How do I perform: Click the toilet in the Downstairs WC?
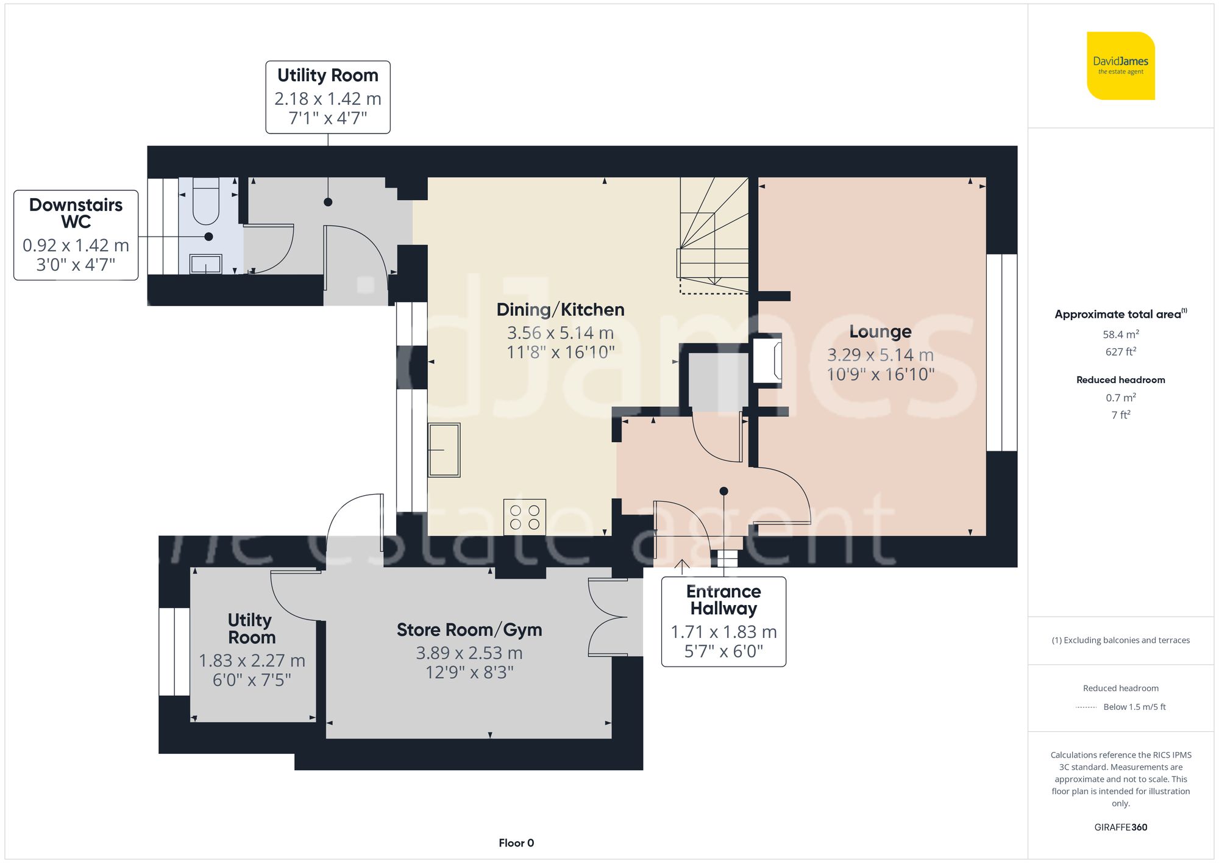(206, 201)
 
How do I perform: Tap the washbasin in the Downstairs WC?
(206, 263)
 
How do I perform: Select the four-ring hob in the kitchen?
(525, 517)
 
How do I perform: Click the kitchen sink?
(444, 450)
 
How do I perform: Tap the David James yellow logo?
(1120, 66)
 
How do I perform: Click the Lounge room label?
(880, 332)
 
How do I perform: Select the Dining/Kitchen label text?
(560, 310)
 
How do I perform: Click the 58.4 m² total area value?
(1120, 334)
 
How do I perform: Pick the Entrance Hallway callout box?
(723, 621)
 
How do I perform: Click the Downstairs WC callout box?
(76, 235)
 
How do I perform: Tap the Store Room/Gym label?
(469, 630)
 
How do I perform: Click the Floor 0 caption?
(516, 843)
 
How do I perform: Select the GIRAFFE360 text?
(1120, 827)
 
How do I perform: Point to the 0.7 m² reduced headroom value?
(1120, 398)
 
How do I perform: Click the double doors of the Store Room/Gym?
(607, 617)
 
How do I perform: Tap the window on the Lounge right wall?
(1001, 353)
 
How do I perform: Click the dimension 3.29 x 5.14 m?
(880, 355)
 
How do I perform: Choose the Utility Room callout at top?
(328, 96)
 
